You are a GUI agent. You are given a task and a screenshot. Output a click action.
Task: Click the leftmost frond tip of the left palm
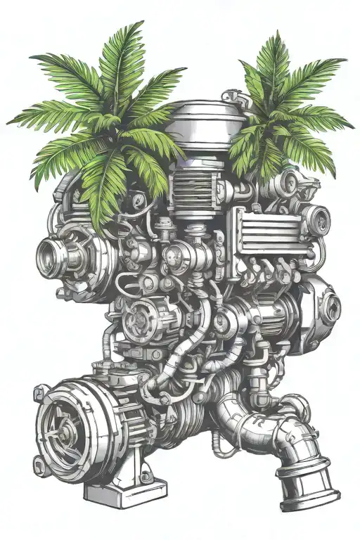click(8, 122)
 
